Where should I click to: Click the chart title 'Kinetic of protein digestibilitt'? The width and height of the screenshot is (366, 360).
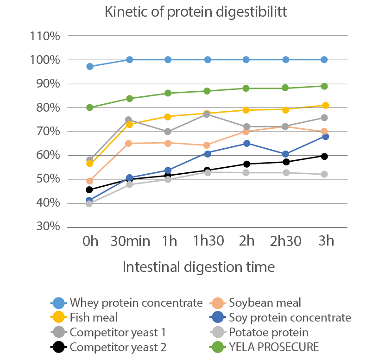click(x=196, y=12)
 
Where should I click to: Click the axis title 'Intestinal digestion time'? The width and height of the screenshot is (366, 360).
click(x=199, y=267)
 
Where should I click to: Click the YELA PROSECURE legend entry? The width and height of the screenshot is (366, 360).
click(x=274, y=347)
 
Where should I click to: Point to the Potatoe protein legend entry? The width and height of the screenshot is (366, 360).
click(x=269, y=332)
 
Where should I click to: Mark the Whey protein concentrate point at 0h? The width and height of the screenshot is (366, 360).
click(x=90, y=67)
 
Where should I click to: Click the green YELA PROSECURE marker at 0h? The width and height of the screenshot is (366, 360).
click(x=90, y=107)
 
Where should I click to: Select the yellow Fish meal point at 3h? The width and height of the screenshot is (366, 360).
click(x=325, y=106)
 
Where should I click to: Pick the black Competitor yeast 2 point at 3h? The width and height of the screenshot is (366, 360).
click(x=325, y=156)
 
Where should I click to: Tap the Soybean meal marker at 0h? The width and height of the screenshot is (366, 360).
click(x=90, y=181)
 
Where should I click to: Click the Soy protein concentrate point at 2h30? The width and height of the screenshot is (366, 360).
click(x=286, y=154)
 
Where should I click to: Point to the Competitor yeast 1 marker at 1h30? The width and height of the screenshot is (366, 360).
click(x=208, y=114)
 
